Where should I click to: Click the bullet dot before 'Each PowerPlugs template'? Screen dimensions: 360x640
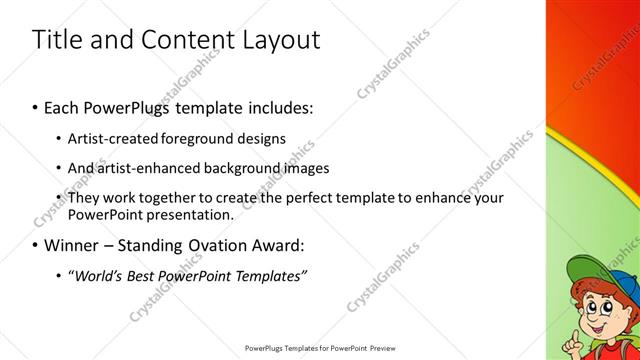click(36, 107)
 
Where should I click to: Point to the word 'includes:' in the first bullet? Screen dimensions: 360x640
click(279, 106)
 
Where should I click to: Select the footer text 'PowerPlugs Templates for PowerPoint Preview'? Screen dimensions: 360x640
click(319, 348)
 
